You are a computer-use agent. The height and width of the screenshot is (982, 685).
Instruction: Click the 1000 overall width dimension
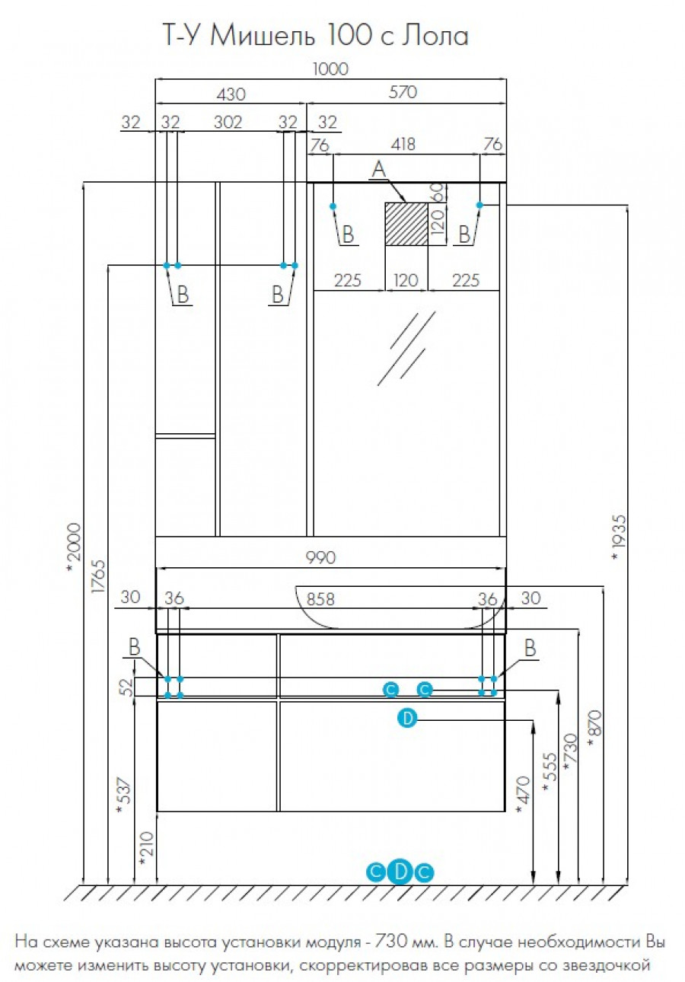coord(331,69)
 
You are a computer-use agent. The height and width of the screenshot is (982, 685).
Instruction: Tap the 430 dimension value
coord(231,94)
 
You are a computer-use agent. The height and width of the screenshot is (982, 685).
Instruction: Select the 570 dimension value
coord(403,92)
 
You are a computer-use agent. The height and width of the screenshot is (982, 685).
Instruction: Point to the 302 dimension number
coord(228,122)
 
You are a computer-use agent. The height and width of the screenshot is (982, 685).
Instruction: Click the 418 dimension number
coord(403,144)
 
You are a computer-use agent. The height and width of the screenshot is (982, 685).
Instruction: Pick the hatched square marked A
coord(406,224)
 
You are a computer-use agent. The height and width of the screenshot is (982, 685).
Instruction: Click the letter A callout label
coord(379,169)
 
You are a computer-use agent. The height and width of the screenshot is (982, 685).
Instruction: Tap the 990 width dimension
coord(320,557)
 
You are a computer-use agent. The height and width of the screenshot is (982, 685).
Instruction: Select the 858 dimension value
coord(320,599)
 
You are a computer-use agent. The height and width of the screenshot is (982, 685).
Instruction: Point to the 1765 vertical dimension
coord(99,576)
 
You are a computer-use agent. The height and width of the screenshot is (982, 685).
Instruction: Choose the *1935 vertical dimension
coord(620,537)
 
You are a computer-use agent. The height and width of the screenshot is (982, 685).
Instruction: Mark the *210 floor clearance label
coord(146,849)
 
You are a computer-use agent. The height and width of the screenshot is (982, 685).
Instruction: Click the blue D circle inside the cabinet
coord(407,719)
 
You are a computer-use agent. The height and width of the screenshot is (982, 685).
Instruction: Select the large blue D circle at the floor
coord(400,872)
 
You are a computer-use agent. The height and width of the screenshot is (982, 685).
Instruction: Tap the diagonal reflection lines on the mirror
coord(407,349)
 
